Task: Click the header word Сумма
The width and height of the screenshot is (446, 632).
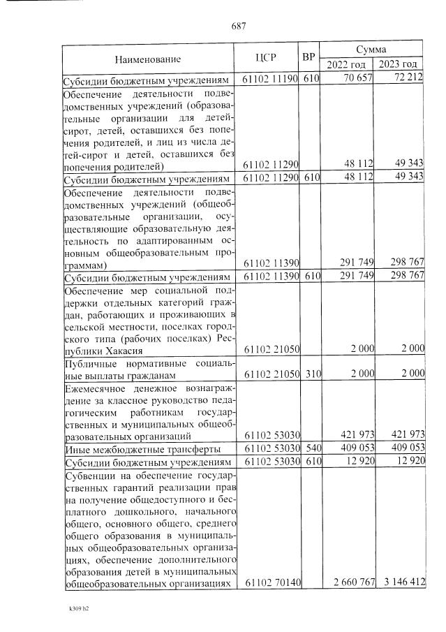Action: click(x=372, y=50)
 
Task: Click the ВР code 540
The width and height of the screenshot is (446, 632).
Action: click(x=310, y=449)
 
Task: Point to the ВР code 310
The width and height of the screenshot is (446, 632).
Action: click(x=310, y=374)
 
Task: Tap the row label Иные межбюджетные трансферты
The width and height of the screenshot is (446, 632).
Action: click(x=142, y=449)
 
